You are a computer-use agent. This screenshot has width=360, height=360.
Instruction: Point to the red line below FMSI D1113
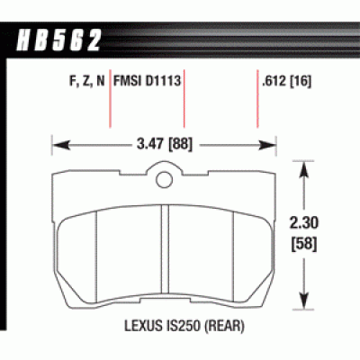click(184, 112)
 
